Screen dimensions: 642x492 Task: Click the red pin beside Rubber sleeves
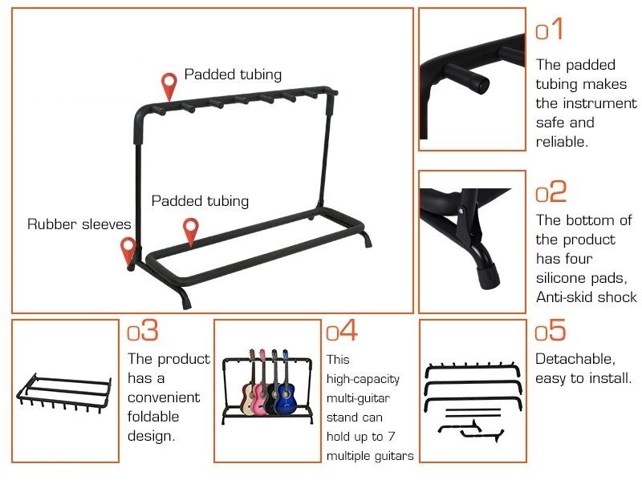(128, 250)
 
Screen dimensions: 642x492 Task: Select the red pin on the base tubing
(191, 232)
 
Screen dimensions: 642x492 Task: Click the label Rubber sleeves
(79, 224)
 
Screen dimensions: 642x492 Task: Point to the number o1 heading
(550, 29)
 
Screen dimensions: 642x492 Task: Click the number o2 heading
(551, 192)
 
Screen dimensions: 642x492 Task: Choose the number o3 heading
(143, 329)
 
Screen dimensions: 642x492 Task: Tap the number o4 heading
(342, 329)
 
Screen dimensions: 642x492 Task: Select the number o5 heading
(551, 329)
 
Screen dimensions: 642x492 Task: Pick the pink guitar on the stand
(261, 385)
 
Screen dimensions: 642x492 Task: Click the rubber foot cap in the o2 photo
(489, 276)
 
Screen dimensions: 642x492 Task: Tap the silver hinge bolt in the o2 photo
(461, 211)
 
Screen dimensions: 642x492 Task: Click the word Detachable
(575, 359)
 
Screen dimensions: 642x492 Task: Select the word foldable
(153, 417)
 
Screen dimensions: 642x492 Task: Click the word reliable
(562, 142)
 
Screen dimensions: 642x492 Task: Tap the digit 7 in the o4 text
(392, 437)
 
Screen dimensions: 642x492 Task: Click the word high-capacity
(363, 379)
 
